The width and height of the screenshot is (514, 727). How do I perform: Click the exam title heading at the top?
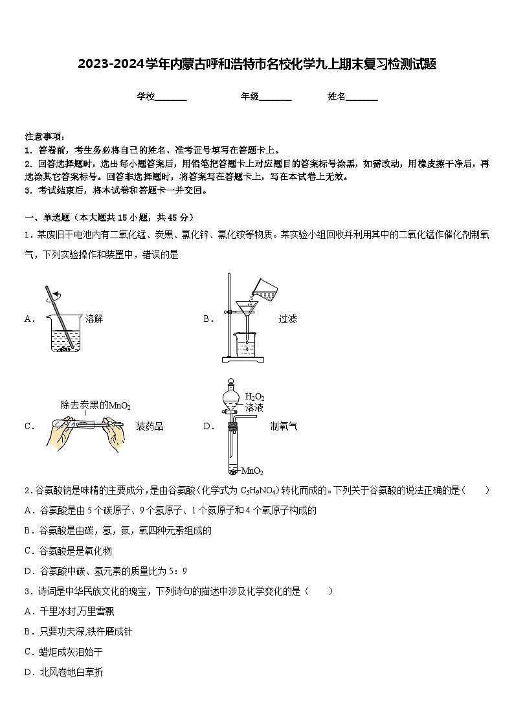coord(256,64)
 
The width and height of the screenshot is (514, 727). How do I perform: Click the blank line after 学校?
coord(171,98)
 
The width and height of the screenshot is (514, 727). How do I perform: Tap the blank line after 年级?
coord(275,98)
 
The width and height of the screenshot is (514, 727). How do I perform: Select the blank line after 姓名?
coord(362,98)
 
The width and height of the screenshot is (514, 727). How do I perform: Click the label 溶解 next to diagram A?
coord(94,319)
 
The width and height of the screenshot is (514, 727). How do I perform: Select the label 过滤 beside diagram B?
coord(287,319)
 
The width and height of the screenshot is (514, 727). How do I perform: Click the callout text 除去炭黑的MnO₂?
coord(95,405)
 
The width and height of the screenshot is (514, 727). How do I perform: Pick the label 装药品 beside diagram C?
coord(150,426)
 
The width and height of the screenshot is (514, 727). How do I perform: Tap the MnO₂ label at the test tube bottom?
coord(252,471)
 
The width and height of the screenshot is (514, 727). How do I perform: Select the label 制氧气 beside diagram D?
coord(284,426)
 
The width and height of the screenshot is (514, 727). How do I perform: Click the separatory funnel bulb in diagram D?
coord(230,397)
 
